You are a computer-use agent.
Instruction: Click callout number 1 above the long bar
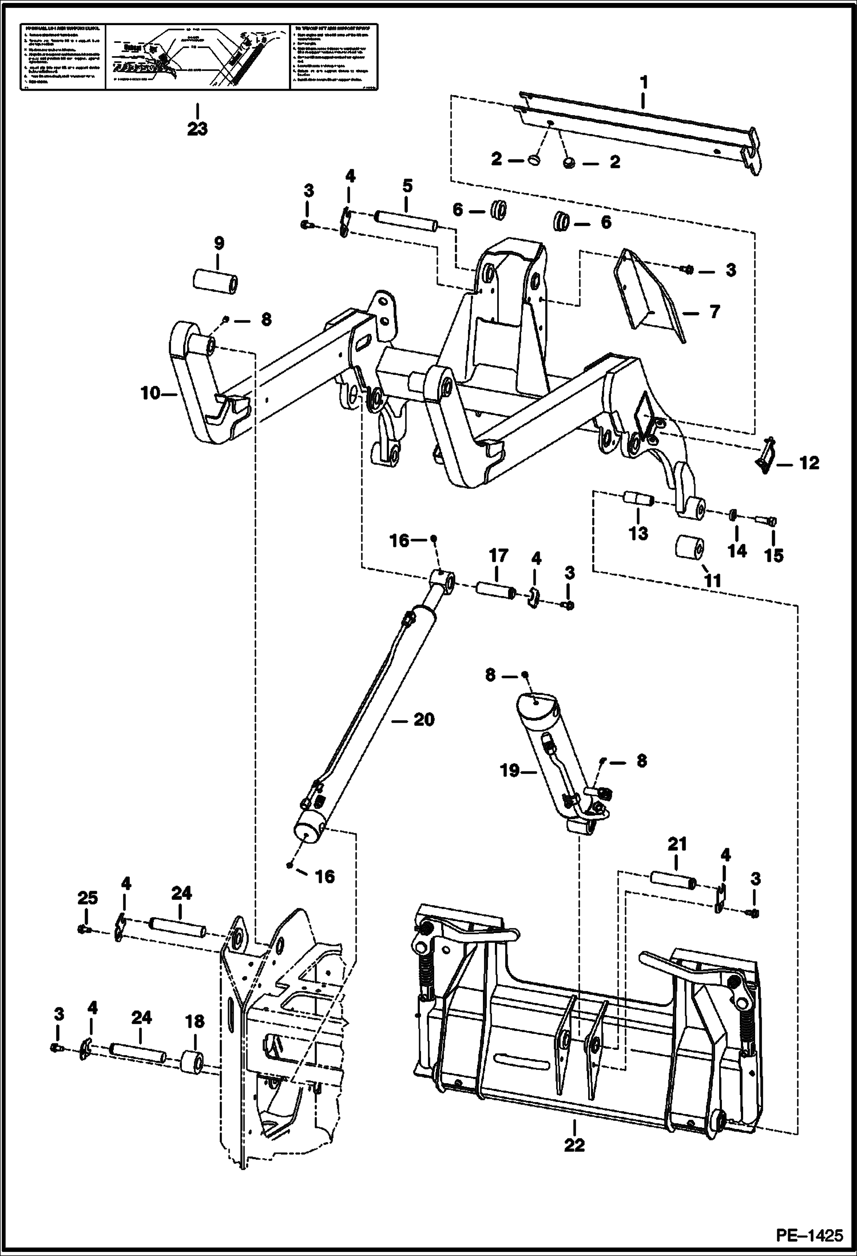(x=644, y=83)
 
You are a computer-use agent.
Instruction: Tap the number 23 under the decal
(x=197, y=129)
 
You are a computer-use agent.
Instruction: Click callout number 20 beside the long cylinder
(x=423, y=720)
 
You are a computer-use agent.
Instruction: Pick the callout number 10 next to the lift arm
(x=151, y=394)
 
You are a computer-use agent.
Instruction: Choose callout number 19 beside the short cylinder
(x=510, y=771)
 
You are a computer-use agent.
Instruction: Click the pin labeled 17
(x=496, y=590)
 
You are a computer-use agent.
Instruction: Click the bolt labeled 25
(x=84, y=929)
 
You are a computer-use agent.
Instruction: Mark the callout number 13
(x=638, y=533)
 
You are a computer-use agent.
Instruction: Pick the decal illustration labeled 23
(x=197, y=56)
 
